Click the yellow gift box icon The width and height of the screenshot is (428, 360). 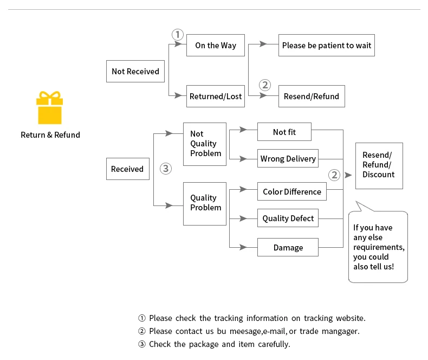pyautogui.click(x=50, y=107)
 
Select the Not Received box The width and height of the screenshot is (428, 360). pyautogui.click(x=135, y=71)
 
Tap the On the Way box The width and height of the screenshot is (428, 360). pyautogui.click(x=216, y=46)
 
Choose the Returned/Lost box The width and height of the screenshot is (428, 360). pyautogui.click(x=216, y=96)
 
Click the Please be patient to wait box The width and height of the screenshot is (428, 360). pyautogui.click(x=327, y=46)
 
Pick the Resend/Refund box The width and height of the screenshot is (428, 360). pyautogui.click(x=312, y=96)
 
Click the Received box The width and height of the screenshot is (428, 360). pyautogui.click(x=128, y=169)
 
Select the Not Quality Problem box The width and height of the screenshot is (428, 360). pyautogui.click(x=205, y=144)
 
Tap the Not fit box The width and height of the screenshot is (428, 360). pyautogui.click(x=284, y=132)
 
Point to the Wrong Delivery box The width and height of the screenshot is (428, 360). pyautogui.click(x=288, y=158)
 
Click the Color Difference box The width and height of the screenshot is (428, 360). pyautogui.click(x=292, y=191)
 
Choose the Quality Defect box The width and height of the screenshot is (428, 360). pyautogui.click(x=288, y=218)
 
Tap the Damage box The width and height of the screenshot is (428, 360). pyautogui.click(x=288, y=247)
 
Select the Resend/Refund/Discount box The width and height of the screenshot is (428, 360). pyautogui.click(x=379, y=166)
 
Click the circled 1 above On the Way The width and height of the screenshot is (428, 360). pyautogui.click(x=178, y=35)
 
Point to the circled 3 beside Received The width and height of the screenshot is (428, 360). pyautogui.click(x=166, y=169)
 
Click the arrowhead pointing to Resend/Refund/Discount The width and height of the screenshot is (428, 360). pyautogui.click(x=348, y=175)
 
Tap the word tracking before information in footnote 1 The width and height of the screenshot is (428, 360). pyautogui.click(x=229, y=318)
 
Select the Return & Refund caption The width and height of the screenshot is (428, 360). pyautogui.click(x=50, y=135)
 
